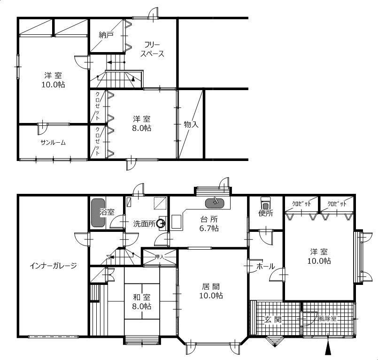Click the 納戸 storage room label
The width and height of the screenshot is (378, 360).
[x=106, y=35]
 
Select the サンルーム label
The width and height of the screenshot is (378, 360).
[x=53, y=143]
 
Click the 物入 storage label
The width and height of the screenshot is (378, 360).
[x=191, y=124]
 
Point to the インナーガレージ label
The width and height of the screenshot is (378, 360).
[x=53, y=266]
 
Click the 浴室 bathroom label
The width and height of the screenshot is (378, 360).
[x=108, y=212]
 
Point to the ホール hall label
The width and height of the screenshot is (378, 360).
[x=265, y=266]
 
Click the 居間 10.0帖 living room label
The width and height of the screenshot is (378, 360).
[x=210, y=291]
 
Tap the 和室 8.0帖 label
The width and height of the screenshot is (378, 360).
[x=141, y=301]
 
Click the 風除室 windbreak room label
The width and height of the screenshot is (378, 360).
[x=327, y=318]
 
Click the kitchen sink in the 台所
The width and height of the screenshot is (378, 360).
[x=216, y=203]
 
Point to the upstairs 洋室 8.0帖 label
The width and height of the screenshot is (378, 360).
[x=141, y=123]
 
